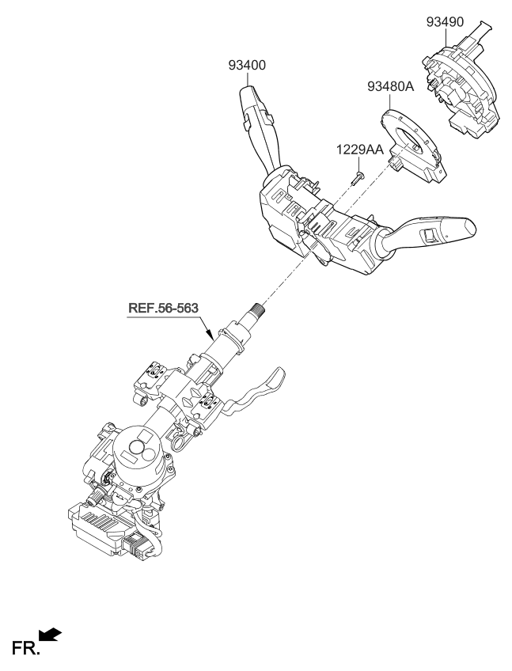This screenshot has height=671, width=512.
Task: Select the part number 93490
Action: (446, 21)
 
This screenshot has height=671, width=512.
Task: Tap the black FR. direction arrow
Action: (50, 635)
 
